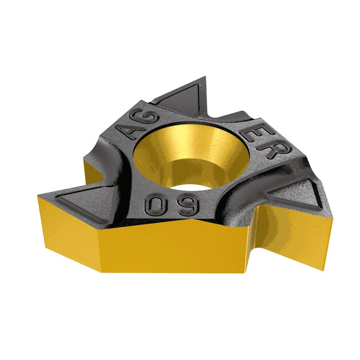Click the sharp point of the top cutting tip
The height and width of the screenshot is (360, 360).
point(205,77)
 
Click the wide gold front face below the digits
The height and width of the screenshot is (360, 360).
point(177,249)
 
